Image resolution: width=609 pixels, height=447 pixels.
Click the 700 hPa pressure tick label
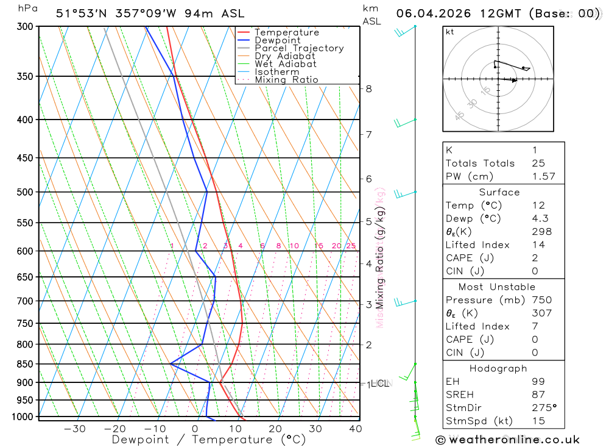click(x=26, y=301)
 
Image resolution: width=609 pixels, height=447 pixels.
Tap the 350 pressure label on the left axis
click(x=26, y=76)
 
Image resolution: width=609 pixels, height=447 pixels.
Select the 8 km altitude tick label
click(x=368, y=88)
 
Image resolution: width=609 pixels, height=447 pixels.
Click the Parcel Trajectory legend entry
click(x=299, y=48)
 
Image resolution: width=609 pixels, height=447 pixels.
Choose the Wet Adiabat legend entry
click(x=286, y=64)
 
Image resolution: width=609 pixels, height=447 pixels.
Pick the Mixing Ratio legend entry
click(x=286, y=80)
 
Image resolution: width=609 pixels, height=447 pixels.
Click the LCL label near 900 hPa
click(x=379, y=384)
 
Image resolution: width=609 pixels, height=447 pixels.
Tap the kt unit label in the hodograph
click(x=450, y=32)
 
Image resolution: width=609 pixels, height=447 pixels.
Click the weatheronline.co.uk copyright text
click(x=507, y=440)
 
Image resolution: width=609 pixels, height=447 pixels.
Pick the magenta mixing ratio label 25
click(x=351, y=246)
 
